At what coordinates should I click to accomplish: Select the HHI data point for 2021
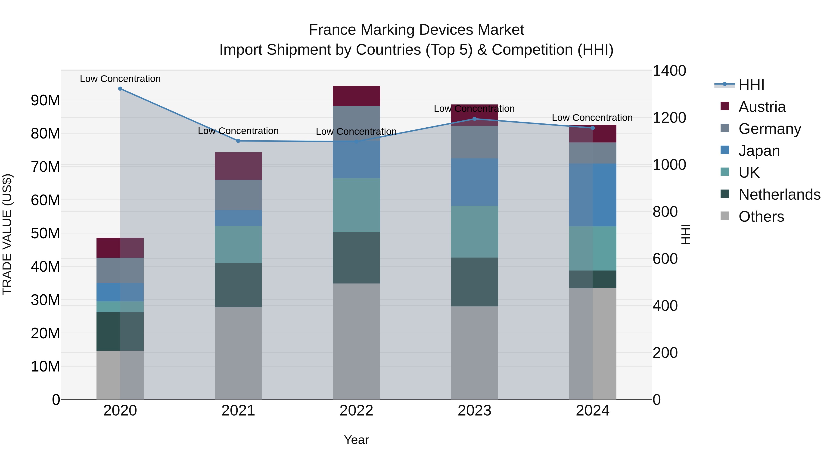[238, 141]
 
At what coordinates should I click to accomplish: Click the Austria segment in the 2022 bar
[356, 96]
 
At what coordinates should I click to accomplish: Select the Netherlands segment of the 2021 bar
[238, 285]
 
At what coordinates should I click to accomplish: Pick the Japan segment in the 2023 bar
[474, 182]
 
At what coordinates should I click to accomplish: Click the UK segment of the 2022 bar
[356, 205]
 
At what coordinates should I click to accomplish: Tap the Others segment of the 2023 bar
[474, 353]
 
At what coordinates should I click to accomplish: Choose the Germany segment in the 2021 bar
[238, 195]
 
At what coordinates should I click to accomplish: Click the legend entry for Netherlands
[779, 195]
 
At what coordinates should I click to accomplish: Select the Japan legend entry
[759, 151]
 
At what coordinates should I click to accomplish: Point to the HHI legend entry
[751, 85]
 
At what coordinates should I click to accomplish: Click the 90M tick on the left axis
[45, 100]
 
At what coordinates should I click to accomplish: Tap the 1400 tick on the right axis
[669, 71]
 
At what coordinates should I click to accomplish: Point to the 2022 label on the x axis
[356, 411]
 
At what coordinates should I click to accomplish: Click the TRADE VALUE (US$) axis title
[7, 234]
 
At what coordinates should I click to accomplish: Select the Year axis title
[356, 440]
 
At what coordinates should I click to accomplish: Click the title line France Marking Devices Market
[416, 30]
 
